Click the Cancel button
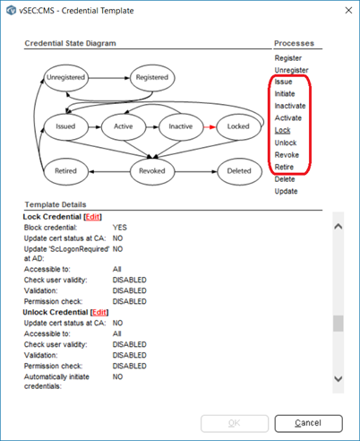[308, 423]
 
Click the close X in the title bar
[348, 11]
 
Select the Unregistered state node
[66, 77]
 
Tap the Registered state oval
[152, 77]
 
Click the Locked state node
[238, 126]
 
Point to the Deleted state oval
[239, 171]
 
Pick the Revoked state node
[152, 171]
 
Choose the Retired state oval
[66, 171]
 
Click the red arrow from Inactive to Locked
[210, 127]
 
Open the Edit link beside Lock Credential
[92, 217]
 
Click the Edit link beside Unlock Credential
[99, 312]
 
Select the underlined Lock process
[282, 130]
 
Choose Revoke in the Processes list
[287, 155]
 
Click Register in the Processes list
[288, 58]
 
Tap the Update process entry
[286, 191]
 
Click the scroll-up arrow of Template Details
[339, 227]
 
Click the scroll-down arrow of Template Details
[339, 379]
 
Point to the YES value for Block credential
[120, 228]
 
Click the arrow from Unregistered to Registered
[109, 78]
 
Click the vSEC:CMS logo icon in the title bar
[12, 11]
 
